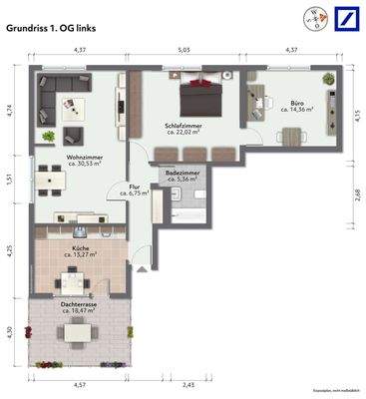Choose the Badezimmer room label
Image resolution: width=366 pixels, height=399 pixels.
(182, 174)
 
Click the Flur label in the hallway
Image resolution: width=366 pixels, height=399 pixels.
(135, 186)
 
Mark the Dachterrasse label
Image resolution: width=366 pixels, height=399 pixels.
(78, 304)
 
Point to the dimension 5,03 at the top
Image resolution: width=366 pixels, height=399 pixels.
(184, 49)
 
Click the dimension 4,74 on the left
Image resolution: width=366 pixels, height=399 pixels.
(10, 111)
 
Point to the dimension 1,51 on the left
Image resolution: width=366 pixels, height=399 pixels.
(10, 180)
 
